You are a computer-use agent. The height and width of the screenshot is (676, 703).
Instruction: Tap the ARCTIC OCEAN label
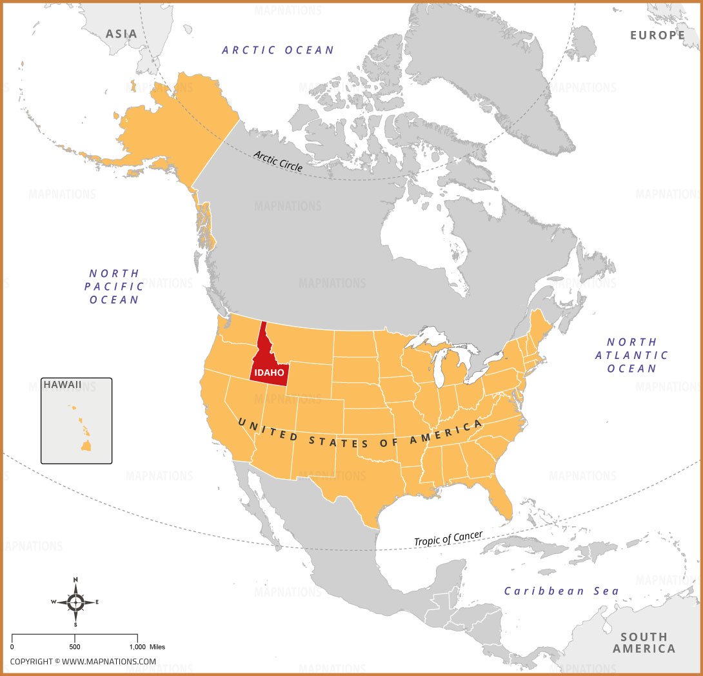278,50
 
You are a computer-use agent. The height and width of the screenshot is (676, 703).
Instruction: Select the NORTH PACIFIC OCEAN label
115,287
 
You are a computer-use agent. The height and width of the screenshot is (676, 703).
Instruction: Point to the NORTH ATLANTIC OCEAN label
631,355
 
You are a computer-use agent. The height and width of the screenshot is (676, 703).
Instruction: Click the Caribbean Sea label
561,591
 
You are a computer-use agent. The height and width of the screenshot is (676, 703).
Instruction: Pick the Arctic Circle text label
278,160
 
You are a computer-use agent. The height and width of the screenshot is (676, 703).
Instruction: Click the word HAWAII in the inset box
63,385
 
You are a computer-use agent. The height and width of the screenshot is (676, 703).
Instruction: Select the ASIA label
121,34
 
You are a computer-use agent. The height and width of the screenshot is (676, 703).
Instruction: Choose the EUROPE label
657,35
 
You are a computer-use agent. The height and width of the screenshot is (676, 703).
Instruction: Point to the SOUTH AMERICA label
644,642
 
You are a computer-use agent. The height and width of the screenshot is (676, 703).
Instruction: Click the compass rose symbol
75,602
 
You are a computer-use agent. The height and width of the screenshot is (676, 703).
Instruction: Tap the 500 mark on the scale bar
75,646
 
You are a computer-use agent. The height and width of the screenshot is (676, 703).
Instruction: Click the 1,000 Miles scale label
148,646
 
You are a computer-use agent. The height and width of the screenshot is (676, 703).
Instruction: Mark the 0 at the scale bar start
12,646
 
